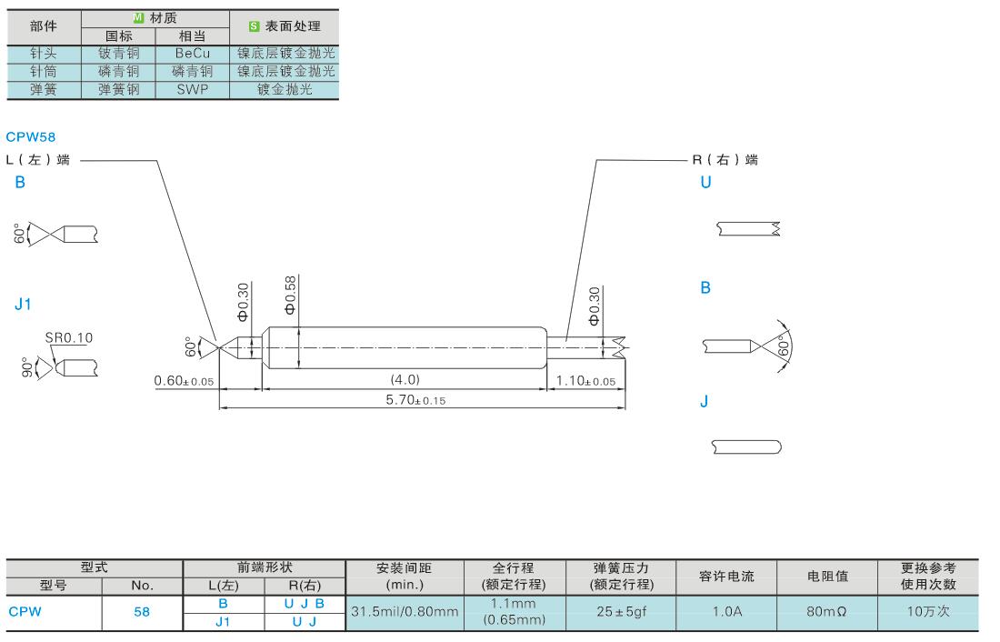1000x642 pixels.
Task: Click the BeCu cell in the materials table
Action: [192, 54]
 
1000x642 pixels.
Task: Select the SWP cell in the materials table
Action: [192, 90]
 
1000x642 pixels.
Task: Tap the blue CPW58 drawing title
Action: [30, 137]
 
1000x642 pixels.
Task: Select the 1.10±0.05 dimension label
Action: [585, 380]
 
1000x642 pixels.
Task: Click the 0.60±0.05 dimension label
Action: [184, 380]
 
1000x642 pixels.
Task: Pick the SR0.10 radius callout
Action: [68, 337]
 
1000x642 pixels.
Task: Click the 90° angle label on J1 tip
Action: [26, 368]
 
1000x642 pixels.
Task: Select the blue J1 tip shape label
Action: [23, 305]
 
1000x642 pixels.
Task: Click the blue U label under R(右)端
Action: [705, 182]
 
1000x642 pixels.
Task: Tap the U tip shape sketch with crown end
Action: [747, 229]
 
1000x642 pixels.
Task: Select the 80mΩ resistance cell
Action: [826, 612]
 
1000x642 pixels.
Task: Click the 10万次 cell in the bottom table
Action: [927, 611]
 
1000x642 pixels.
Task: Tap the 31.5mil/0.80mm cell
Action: [404, 612]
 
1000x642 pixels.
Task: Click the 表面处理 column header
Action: [284, 25]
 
